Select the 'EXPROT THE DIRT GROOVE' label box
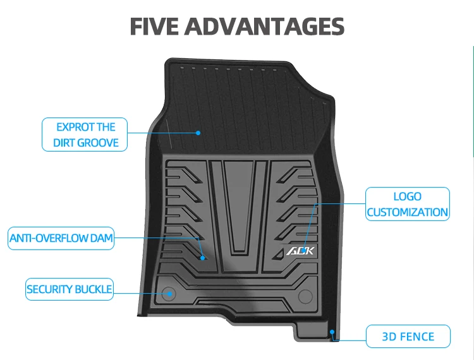point(85,135)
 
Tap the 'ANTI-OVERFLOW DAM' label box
point(61,239)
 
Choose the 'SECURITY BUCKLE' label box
point(70,289)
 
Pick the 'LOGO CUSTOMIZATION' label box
point(408,204)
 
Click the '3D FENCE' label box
point(408,336)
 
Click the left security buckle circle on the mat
point(169,293)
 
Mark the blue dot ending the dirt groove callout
point(198,133)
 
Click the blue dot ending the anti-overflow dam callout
point(203,258)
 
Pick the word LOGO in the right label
point(408,196)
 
